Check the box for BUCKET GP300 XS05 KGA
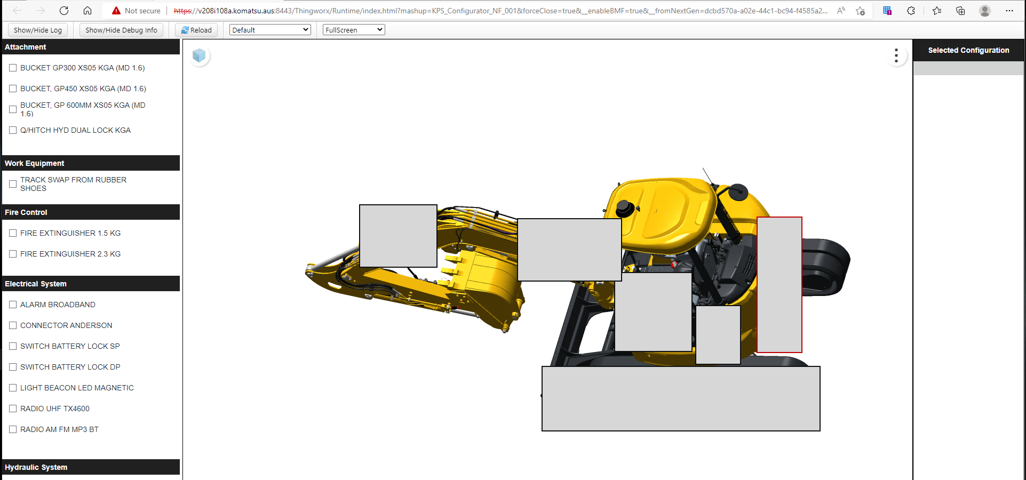click(x=13, y=68)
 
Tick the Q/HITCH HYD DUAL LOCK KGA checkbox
click(x=13, y=130)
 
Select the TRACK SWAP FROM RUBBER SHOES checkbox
click(x=13, y=184)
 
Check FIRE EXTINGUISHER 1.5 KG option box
click(x=13, y=233)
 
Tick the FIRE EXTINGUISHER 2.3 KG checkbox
click(x=13, y=254)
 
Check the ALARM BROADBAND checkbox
click(x=13, y=305)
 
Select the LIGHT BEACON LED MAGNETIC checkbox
click(x=13, y=388)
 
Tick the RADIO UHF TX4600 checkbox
click(x=13, y=409)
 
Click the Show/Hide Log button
click(x=38, y=30)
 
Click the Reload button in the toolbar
click(x=196, y=30)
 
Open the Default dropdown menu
click(x=270, y=30)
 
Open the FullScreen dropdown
click(x=353, y=30)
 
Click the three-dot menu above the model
click(x=896, y=55)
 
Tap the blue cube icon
click(x=199, y=55)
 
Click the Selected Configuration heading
click(x=968, y=50)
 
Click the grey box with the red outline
click(x=779, y=284)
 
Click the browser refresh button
click(x=64, y=11)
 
